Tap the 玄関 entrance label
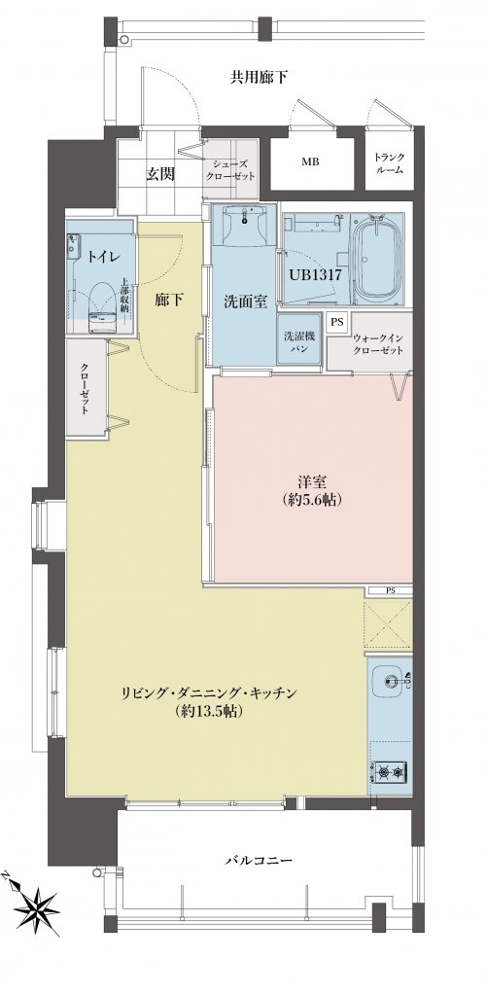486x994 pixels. click(161, 174)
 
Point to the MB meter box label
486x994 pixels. click(310, 162)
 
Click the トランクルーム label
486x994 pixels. click(389, 163)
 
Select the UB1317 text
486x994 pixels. click(315, 274)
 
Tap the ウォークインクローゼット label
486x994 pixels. click(378, 343)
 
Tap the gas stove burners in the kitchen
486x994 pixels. click(390, 772)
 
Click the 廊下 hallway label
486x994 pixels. click(169, 301)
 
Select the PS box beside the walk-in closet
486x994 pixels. click(336, 322)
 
